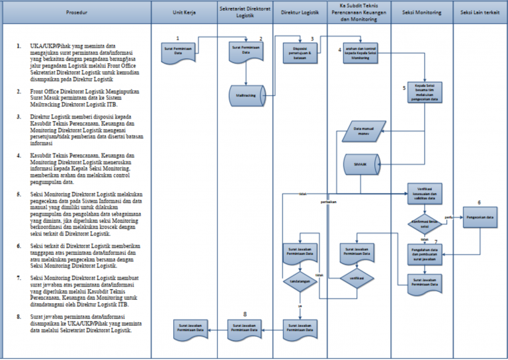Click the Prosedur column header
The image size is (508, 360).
76,12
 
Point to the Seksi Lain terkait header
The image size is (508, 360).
480,12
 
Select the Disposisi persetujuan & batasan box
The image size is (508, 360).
301,51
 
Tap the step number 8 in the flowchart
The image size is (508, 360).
245,313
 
